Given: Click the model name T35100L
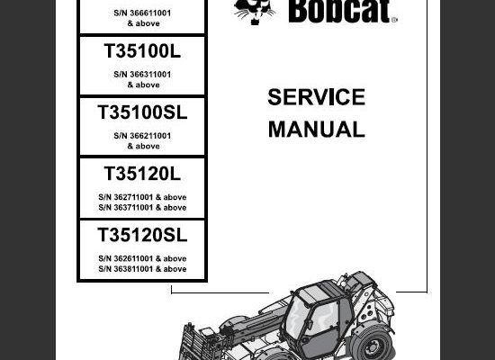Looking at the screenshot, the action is tap(142, 50).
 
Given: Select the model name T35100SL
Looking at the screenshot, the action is tap(142, 112).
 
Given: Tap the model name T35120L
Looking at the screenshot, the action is tap(142, 174).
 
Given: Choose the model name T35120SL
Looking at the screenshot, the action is tap(142, 235).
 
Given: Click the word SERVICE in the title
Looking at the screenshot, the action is tap(316, 97).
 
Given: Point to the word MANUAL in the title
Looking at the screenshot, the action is tap(316, 130).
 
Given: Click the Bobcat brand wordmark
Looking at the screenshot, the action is tap(339, 11).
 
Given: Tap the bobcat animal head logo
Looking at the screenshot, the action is tap(254, 12).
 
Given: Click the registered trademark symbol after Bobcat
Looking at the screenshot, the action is tap(394, 20).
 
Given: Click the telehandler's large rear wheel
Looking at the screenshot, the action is tap(373, 344).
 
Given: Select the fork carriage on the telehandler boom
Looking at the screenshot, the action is tap(191, 343).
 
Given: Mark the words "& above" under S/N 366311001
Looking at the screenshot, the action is tap(144, 85).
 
